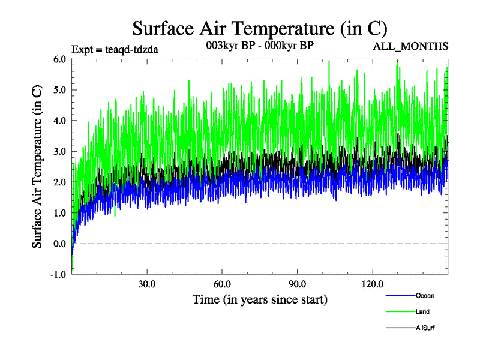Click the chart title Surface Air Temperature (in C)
pos(259,29)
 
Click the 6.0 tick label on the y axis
pos(59,59)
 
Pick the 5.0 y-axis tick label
pos(59,90)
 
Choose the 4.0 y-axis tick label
pos(59,121)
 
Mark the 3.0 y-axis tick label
pos(59,152)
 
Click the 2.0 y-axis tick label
pos(59,182)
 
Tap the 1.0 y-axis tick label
pos(59,213)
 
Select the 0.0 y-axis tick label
pos(59,244)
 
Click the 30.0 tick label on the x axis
pos(147,284)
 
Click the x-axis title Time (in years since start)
pos(260,299)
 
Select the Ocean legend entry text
pos(425,296)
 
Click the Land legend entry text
pos(422,312)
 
